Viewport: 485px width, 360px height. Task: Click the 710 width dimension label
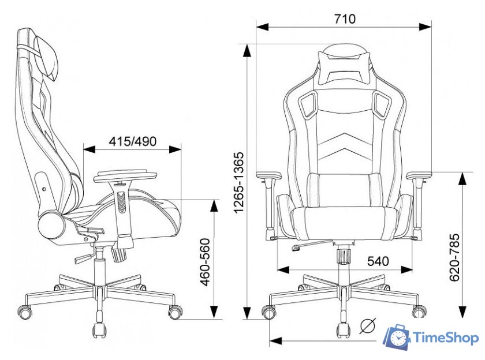click(x=345, y=19)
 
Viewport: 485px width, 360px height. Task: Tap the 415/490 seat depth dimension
click(x=132, y=141)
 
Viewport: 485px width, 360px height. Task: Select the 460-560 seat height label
click(x=205, y=262)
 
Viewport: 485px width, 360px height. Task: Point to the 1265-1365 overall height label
click(x=239, y=183)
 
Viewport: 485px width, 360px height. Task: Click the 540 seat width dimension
click(x=378, y=261)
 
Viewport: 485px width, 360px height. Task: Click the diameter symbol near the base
click(x=368, y=325)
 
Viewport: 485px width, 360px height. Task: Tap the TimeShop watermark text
click(x=445, y=337)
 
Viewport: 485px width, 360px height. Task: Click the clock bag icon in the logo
click(x=397, y=337)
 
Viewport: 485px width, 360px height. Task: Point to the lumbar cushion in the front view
click(x=344, y=190)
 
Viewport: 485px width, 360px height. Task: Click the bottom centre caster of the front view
click(x=343, y=330)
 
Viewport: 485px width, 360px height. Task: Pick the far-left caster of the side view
click(x=25, y=312)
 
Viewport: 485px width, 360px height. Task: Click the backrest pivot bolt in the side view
click(x=44, y=189)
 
